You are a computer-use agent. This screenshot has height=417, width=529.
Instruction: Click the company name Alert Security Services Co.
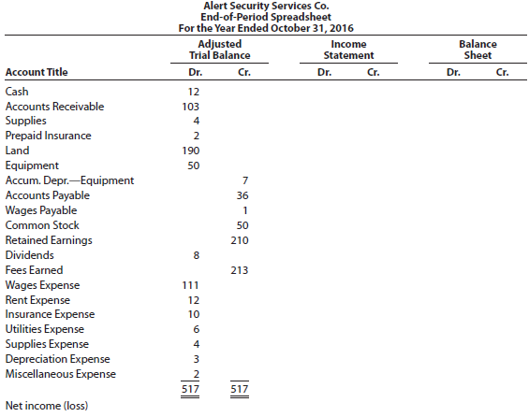pos(266,6)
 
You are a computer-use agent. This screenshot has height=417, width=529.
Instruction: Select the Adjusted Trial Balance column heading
pos(220,50)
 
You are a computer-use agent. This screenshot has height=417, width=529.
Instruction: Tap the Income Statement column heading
pos(348,50)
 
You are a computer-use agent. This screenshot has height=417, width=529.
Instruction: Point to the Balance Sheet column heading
pos(478,50)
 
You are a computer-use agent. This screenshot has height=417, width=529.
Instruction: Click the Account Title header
pos(37,72)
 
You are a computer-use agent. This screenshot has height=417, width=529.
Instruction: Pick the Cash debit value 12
pos(194,92)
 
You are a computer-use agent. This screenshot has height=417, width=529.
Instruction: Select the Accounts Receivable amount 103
pos(191,107)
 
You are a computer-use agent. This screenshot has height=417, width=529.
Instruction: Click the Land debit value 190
pos(191,151)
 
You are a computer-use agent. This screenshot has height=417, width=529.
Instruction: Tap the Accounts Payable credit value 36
pos(242,195)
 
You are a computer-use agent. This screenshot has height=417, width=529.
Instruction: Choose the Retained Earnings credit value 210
pos(240,240)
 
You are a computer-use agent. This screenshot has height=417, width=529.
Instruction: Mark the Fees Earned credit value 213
pos(240,270)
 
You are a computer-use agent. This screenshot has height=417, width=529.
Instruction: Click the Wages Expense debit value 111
pos(191,285)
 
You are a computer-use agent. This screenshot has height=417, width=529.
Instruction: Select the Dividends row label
pos(29,255)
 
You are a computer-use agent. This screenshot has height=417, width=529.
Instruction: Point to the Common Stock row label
pos(42,225)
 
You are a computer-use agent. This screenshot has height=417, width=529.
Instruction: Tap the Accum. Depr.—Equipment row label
pos(69,180)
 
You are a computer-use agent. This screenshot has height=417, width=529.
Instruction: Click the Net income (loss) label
pos(47,406)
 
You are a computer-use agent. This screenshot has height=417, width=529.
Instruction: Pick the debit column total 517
pos(190,389)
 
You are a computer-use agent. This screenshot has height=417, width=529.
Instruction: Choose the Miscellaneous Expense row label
pos(60,374)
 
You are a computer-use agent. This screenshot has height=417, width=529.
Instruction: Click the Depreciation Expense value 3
pos(197,359)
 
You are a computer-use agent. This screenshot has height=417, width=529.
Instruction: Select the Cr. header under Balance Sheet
pos(502,72)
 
